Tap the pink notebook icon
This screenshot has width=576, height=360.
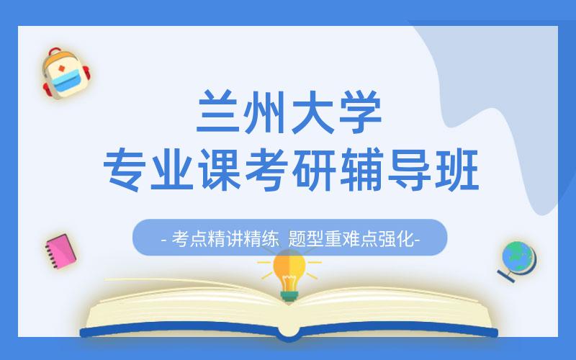tap(60, 250)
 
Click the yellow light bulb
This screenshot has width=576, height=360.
tap(289, 270)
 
